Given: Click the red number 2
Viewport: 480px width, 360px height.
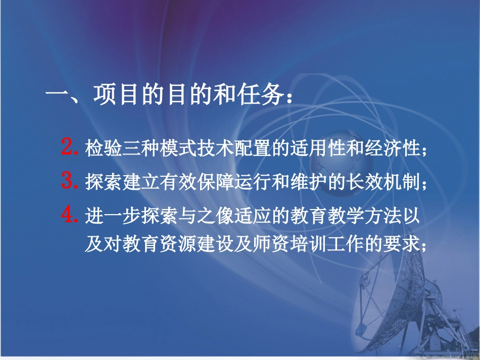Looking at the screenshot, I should click(68, 148).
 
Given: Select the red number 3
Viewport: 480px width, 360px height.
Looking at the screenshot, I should click(68, 181).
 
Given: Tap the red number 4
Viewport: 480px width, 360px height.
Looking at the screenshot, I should click(68, 216).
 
